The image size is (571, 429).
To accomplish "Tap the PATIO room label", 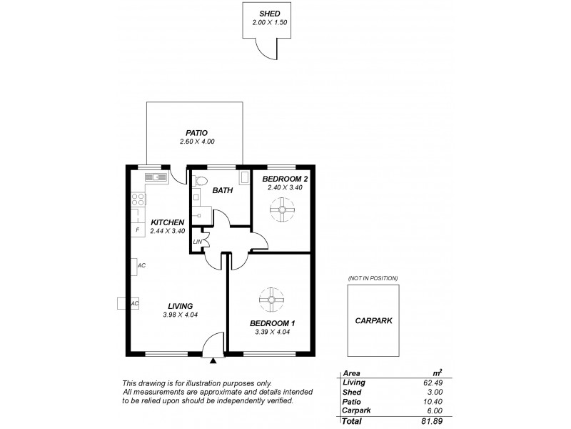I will click(x=197, y=132).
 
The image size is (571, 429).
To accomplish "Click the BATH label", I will click(x=223, y=190).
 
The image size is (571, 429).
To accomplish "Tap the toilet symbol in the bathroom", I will click(x=200, y=179).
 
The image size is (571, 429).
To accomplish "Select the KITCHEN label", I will click(x=168, y=222).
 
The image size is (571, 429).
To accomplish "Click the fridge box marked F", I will click(x=137, y=230).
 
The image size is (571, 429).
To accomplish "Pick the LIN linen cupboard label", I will click(x=198, y=242).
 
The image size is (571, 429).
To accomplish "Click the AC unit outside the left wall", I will click(x=123, y=303).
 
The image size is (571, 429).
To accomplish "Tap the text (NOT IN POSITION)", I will click(x=373, y=277).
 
